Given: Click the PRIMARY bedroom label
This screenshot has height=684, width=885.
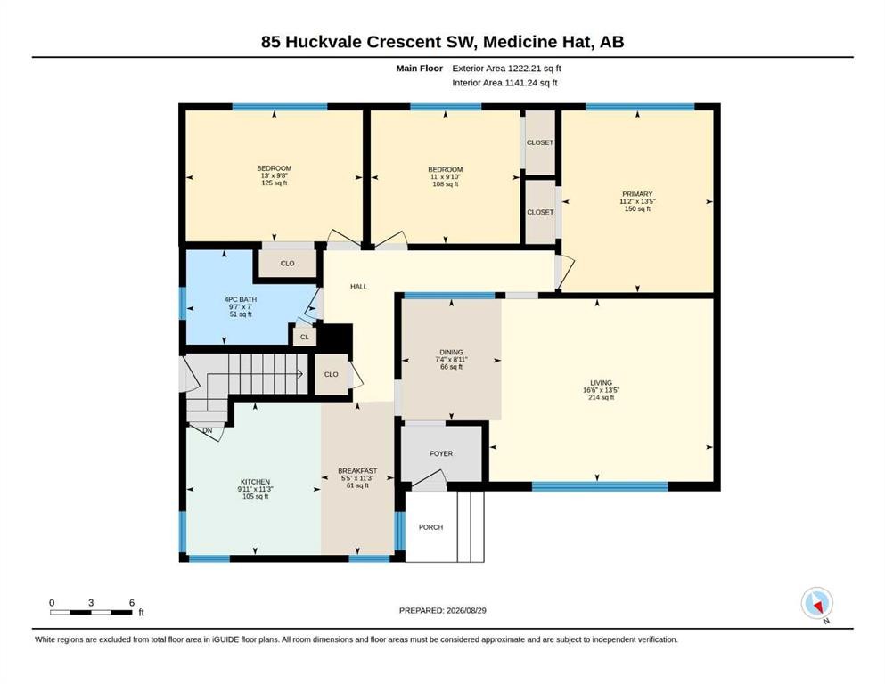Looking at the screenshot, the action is pyautogui.click(x=637, y=194).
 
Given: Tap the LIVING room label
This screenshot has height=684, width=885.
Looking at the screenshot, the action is pyautogui.click(x=601, y=383).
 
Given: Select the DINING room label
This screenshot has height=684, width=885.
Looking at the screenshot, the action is pyautogui.click(x=452, y=353).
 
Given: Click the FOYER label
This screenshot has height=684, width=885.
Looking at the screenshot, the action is pyautogui.click(x=441, y=453).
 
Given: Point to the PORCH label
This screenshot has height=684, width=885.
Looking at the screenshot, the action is pyautogui.click(x=430, y=527).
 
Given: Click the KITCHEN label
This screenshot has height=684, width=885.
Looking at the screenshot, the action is pyautogui.click(x=255, y=482).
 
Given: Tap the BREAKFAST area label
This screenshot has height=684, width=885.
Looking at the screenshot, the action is pyautogui.click(x=357, y=471).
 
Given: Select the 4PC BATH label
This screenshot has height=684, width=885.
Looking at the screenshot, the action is pyautogui.click(x=241, y=299).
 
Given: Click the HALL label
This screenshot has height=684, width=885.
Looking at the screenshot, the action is pyautogui.click(x=358, y=287).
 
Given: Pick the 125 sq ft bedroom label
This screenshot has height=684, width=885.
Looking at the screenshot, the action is pyautogui.click(x=275, y=168).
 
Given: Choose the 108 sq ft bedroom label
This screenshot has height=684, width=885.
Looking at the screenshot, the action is pyautogui.click(x=446, y=169).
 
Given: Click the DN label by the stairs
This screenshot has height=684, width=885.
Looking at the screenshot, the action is pyautogui.click(x=208, y=430).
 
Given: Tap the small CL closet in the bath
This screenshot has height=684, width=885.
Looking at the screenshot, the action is pyautogui.click(x=305, y=338).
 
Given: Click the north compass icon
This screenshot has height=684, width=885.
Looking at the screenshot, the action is pyautogui.click(x=816, y=604).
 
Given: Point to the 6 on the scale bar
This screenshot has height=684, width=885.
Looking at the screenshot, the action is pyautogui.click(x=132, y=603).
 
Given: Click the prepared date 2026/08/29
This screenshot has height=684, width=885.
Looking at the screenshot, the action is pyautogui.click(x=466, y=610).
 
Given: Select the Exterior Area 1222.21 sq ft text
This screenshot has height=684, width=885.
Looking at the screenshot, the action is pyautogui.click(x=507, y=69).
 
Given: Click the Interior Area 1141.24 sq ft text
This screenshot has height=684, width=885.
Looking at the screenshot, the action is pyautogui.click(x=504, y=83).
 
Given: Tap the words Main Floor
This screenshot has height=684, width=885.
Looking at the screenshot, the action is pyautogui.click(x=420, y=69).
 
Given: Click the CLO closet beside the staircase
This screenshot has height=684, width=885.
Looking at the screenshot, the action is pyautogui.click(x=332, y=374).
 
